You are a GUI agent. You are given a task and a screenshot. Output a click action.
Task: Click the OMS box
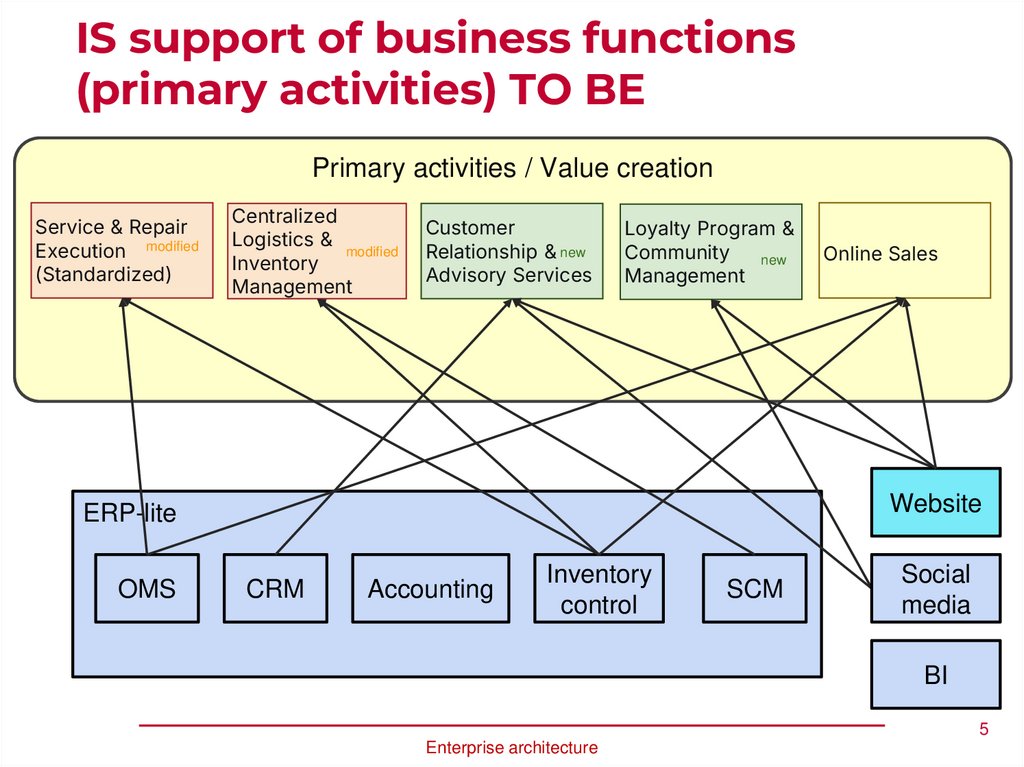pyautogui.click(x=146, y=589)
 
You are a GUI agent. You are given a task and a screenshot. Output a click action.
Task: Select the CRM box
pyautogui.click(x=275, y=589)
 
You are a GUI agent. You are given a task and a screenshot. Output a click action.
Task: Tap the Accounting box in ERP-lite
pyautogui.click(x=430, y=589)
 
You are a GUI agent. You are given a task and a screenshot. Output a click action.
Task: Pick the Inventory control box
pyautogui.click(x=598, y=589)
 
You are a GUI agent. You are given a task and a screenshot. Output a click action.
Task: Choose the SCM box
pyautogui.click(x=755, y=589)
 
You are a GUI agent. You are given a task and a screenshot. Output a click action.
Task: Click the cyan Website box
pyautogui.click(x=935, y=502)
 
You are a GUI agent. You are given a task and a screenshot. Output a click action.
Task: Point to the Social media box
pyautogui.click(x=935, y=588)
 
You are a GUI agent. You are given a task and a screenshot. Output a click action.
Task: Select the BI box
pyautogui.click(x=935, y=675)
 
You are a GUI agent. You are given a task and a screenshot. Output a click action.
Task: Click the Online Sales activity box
pyautogui.click(x=904, y=250)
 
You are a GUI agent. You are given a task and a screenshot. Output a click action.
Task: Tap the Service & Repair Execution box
pyautogui.click(x=122, y=250)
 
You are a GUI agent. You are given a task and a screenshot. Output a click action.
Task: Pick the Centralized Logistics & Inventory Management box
pyautogui.click(x=317, y=251)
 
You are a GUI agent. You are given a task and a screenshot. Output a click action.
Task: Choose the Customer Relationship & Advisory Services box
pyautogui.click(x=511, y=251)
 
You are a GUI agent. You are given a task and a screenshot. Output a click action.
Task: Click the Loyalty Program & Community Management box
pyautogui.click(x=711, y=252)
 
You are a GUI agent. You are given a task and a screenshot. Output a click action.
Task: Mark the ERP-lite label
pyautogui.click(x=129, y=513)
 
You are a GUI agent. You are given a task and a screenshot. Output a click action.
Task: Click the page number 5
pyautogui.click(x=983, y=730)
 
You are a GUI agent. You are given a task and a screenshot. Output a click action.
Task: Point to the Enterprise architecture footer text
pyautogui.click(x=511, y=747)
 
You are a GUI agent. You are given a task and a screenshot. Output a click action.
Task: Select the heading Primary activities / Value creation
pyautogui.click(x=512, y=168)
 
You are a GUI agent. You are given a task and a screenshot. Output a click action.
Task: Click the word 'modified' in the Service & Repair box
pyautogui.click(x=172, y=246)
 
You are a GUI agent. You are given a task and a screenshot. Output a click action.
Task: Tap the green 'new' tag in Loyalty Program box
pyautogui.click(x=773, y=260)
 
